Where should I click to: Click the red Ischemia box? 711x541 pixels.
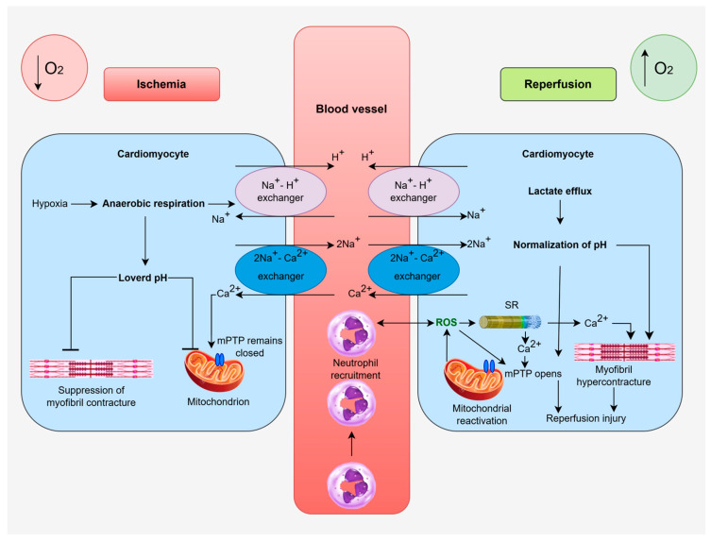161,84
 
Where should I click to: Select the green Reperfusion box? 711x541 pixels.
558,84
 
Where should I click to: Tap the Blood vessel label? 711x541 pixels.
351,109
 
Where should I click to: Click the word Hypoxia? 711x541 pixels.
49,204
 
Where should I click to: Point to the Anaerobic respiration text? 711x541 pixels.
153,204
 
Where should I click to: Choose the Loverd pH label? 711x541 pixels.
143,278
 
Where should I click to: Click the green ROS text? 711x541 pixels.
447,322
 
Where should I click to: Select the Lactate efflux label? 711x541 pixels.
560,191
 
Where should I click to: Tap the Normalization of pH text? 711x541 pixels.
560,245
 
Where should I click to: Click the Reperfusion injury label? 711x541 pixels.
585,418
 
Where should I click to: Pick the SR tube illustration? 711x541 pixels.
510,322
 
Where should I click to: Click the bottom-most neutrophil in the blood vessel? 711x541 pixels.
351,485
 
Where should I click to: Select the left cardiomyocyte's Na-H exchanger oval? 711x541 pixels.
280,192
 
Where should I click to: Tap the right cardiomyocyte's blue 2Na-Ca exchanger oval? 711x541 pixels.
414,270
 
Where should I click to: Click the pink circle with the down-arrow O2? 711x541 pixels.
55,68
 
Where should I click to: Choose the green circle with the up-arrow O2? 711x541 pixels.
664,68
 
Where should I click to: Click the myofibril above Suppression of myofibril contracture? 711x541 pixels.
92,368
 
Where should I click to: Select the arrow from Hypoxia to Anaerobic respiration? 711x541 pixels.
84,204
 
